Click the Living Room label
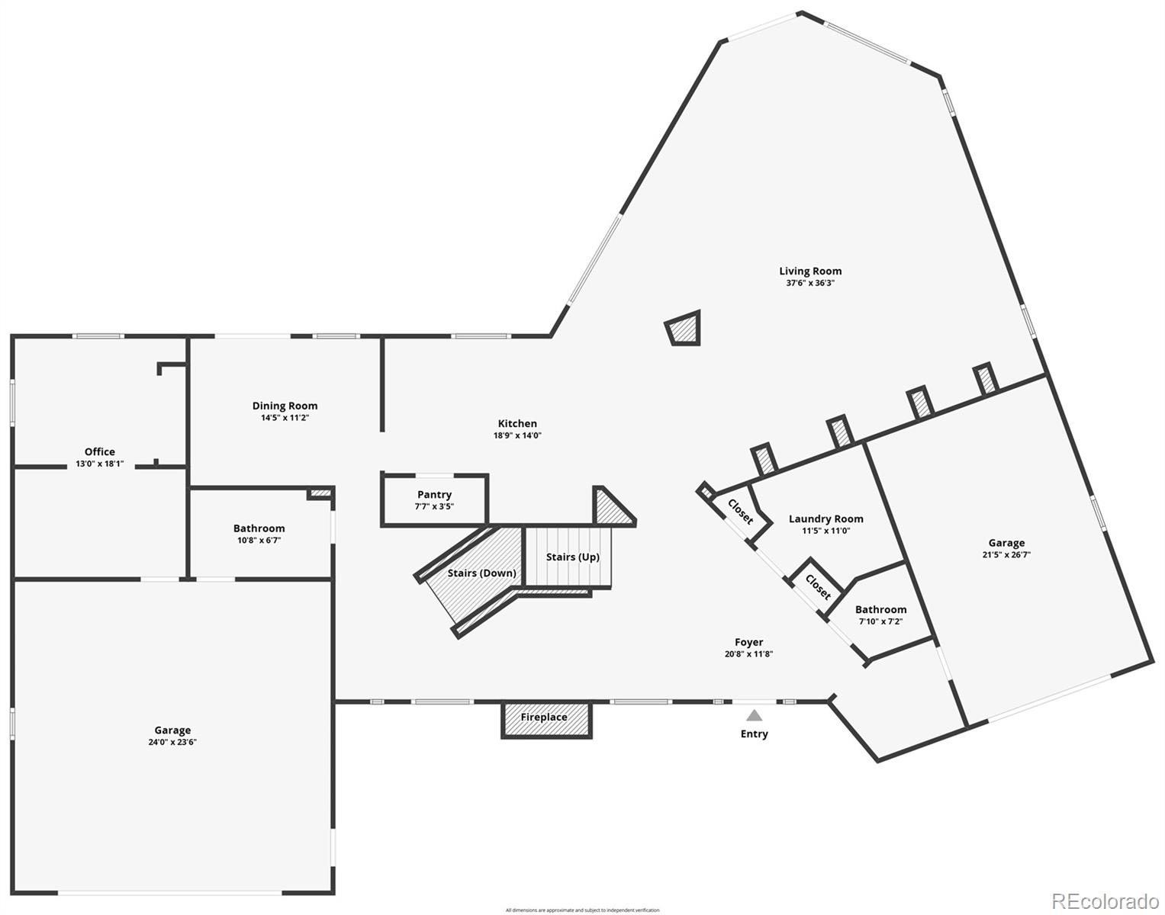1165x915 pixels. point(810,271)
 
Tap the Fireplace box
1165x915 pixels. point(545,718)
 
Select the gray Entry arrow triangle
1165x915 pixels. point(754,715)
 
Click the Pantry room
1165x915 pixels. point(434,500)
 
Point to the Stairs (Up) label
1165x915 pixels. point(572,557)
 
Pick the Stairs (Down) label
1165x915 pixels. point(481,573)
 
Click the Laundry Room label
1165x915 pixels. point(825,519)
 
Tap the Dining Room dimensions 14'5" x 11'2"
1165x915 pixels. point(285,418)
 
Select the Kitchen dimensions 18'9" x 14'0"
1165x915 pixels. point(517,435)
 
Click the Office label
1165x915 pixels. point(100,451)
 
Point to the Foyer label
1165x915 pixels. point(748,642)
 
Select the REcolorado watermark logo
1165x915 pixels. point(1105,901)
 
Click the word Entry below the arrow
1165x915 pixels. point(754,734)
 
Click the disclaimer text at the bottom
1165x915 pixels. point(581,910)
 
